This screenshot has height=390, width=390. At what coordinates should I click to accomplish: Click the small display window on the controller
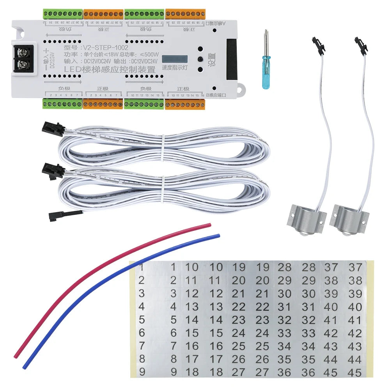click(175, 59)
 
